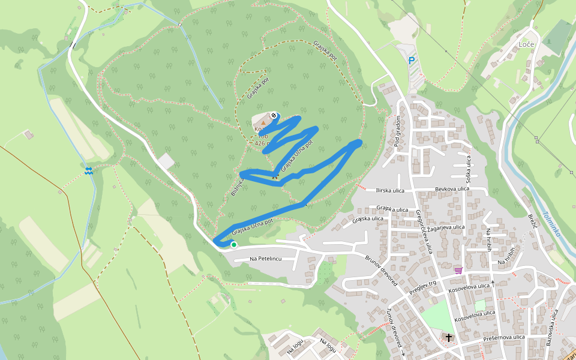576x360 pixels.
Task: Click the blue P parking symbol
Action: click(412, 61)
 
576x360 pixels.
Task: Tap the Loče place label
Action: click(526, 45)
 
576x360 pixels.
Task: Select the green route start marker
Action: click(233, 244)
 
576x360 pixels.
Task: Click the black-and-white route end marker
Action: click(274, 115)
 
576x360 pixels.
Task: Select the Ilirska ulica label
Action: click(389, 191)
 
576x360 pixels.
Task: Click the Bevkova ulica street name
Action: click(452, 189)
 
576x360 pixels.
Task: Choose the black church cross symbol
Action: click(449, 338)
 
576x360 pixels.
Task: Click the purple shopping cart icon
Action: click(459, 271)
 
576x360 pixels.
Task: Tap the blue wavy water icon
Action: click(89, 171)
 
